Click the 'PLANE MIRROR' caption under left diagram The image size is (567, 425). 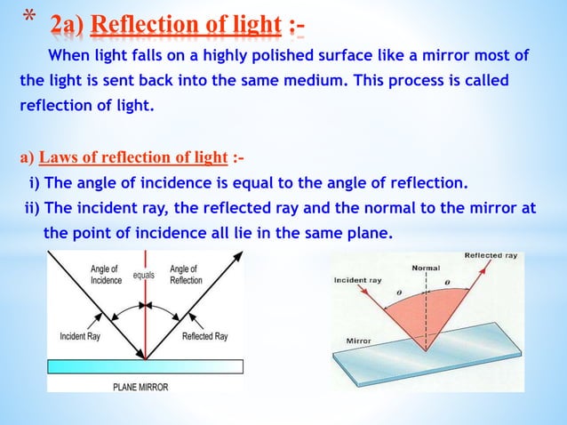click(x=145, y=386)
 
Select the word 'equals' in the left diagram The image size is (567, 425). click(x=144, y=276)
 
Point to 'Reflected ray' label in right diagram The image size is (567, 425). click(x=491, y=256)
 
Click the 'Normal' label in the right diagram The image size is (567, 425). click(x=426, y=267)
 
